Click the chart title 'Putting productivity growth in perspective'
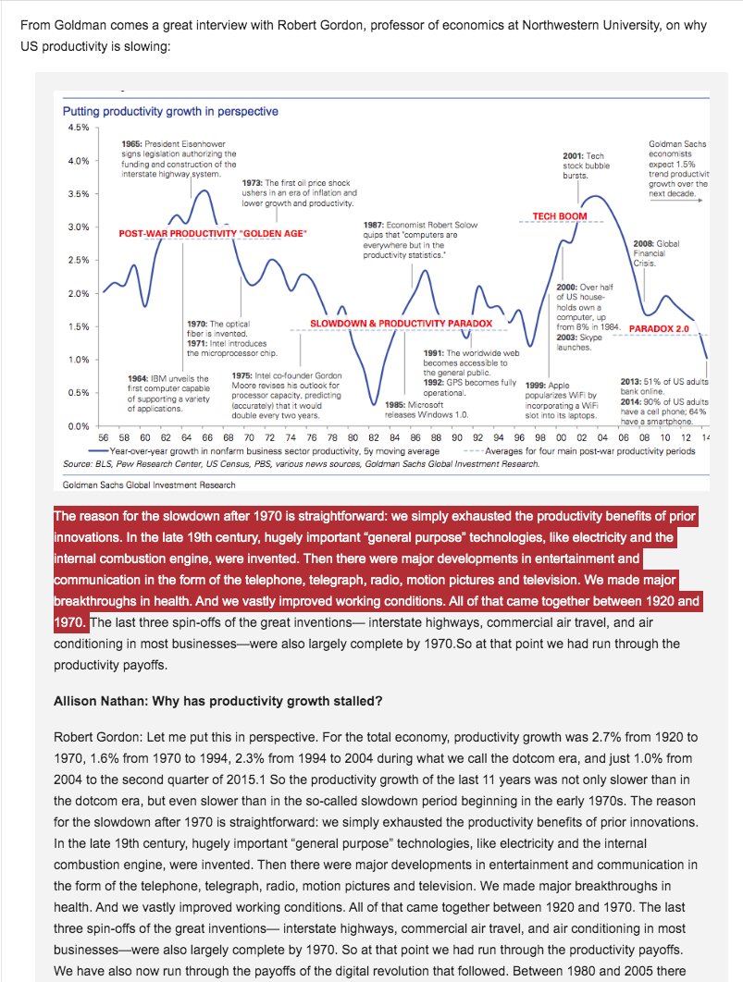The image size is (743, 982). pyautogui.click(x=169, y=112)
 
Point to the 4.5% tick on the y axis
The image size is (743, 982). pyautogui.click(x=76, y=128)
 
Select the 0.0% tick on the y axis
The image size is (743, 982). pyautogui.click(x=76, y=425)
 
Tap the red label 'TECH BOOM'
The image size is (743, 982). pyautogui.click(x=560, y=216)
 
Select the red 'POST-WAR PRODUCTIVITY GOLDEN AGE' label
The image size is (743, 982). pyautogui.click(x=213, y=234)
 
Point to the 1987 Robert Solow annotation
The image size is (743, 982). pyautogui.click(x=409, y=239)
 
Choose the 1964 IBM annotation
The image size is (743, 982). pyautogui.click(x=167, y=392)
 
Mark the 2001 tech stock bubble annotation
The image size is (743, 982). pyautogui.click(x=583, y=166)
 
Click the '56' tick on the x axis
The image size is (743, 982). pyautogui.click(x=103, y=437)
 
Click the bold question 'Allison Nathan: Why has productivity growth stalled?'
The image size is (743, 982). pyautogui.click(x=217, y=700)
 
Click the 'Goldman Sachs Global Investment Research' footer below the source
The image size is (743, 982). pyautogui.click(x=149, y=484)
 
